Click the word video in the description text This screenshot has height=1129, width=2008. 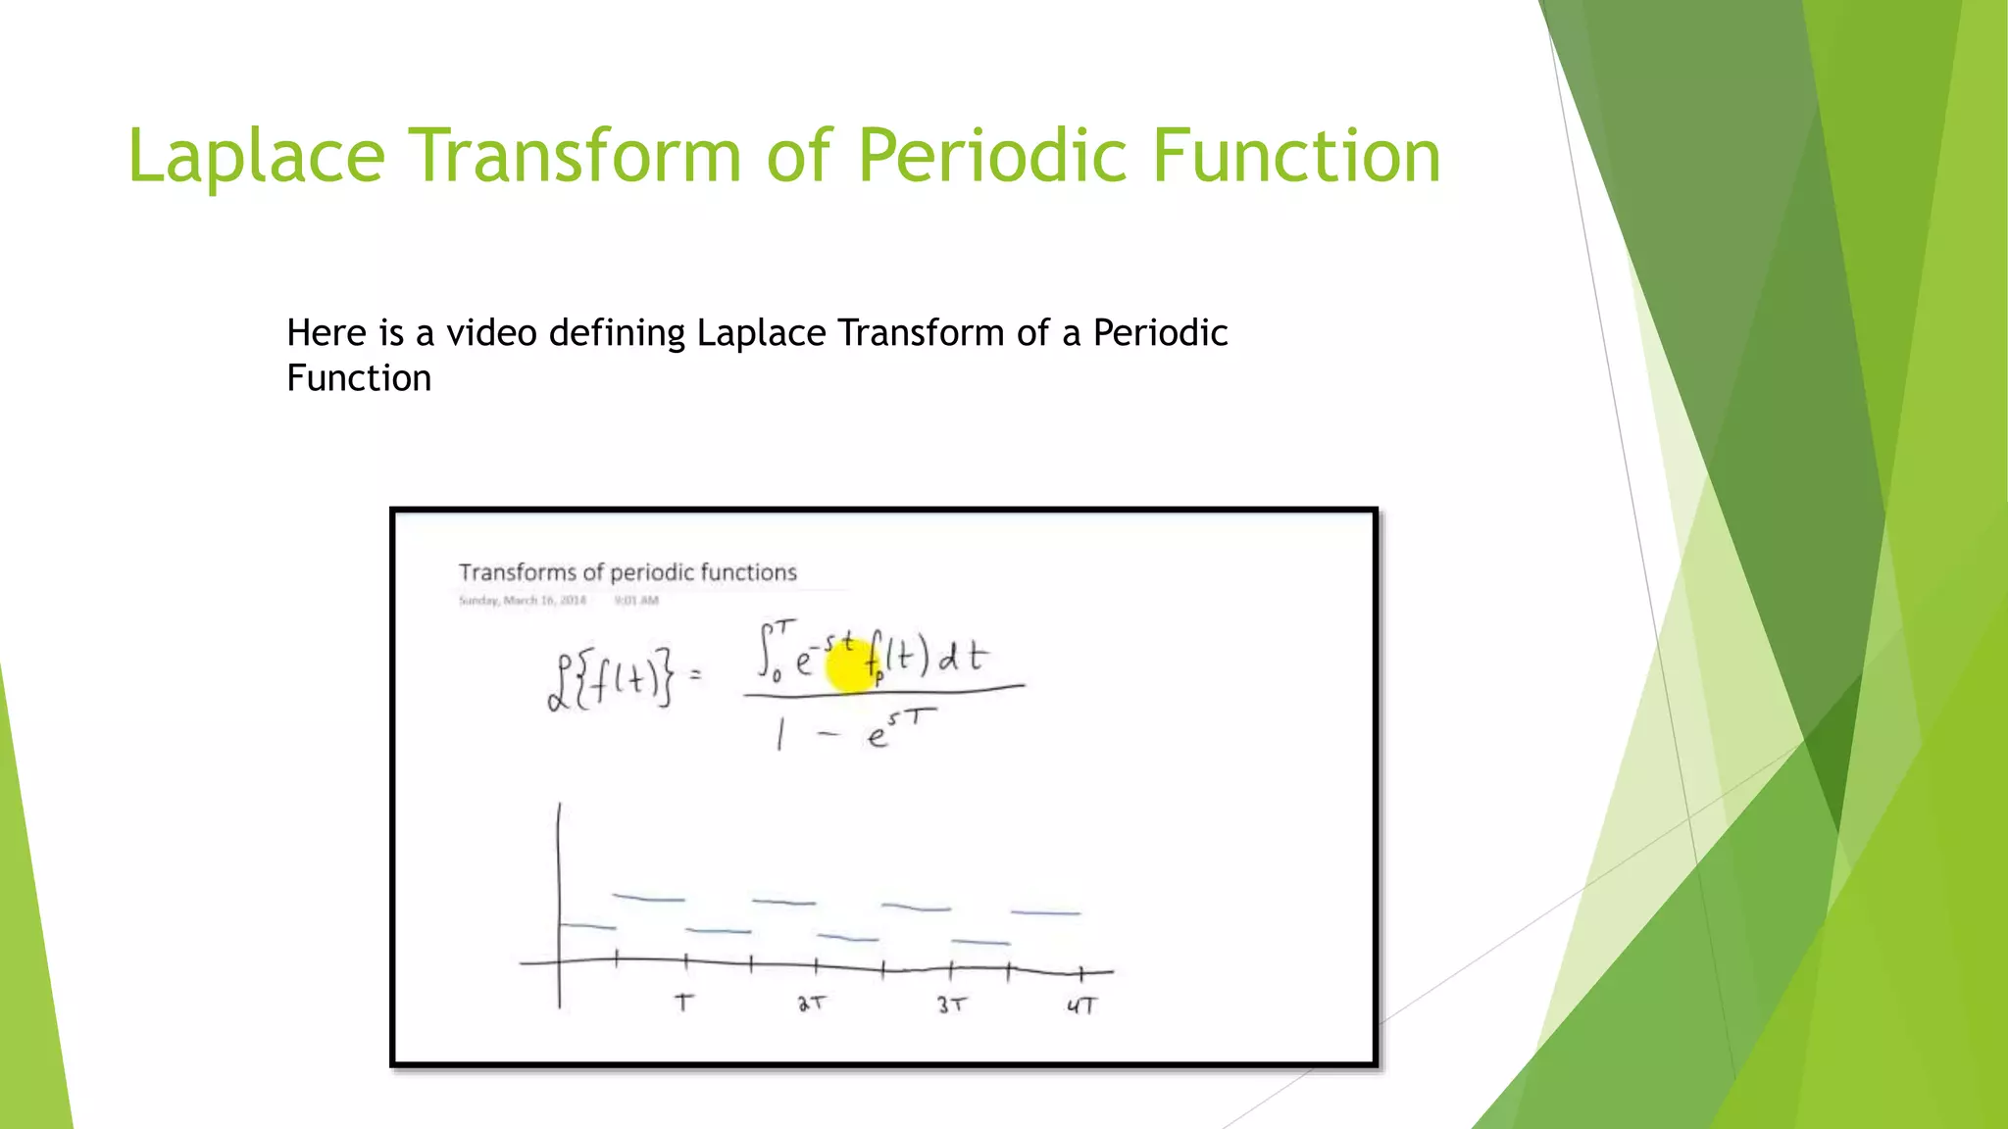click(491, 333)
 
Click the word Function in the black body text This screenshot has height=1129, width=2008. click(359, 378)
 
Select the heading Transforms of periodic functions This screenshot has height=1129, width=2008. click(627, 572)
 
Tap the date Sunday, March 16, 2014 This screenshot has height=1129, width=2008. click(522, 600)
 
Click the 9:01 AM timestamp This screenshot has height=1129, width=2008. click(636, 600)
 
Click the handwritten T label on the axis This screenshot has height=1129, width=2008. click(684, 1003)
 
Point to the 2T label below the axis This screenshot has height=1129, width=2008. click(812, 1004)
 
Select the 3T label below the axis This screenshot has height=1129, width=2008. click(951, 1005)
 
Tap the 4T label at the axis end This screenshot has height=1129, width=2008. click(1081, 1006)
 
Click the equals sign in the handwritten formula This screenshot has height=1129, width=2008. click(696, 674)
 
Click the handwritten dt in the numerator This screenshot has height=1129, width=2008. click(963, 657)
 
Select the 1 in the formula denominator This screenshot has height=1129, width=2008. click(780, 732)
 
